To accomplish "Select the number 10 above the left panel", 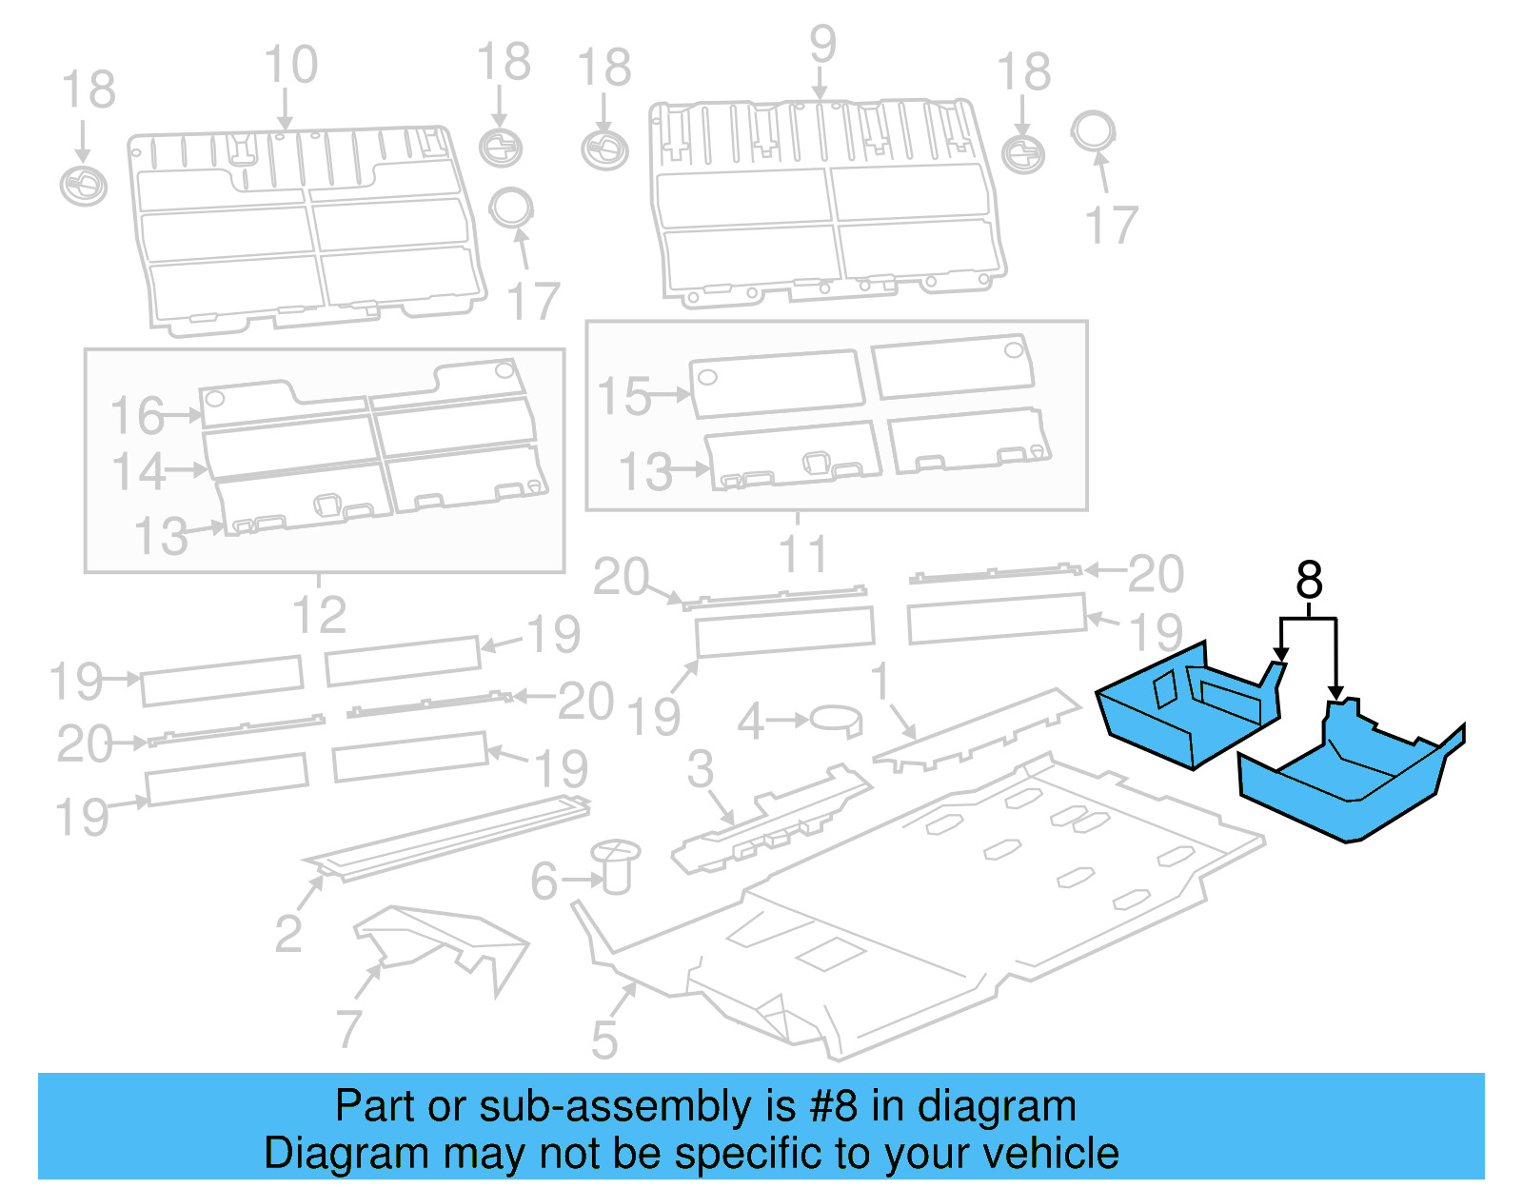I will (290, 66).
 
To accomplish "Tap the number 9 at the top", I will (822, 45).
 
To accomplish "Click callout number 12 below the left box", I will (319, 615).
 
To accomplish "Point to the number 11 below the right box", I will (802, 555).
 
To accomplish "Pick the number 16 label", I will (137, 416).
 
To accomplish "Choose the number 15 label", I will (623, 396).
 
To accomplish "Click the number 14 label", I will (138, 471).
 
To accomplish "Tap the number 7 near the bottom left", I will (348, 1029).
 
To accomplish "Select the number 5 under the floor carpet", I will (604, 1040).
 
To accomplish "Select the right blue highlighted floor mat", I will (1352, 781).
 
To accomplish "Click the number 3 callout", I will (701, 769).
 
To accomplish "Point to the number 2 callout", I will (288, 934).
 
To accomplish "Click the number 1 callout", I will (880, 682).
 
